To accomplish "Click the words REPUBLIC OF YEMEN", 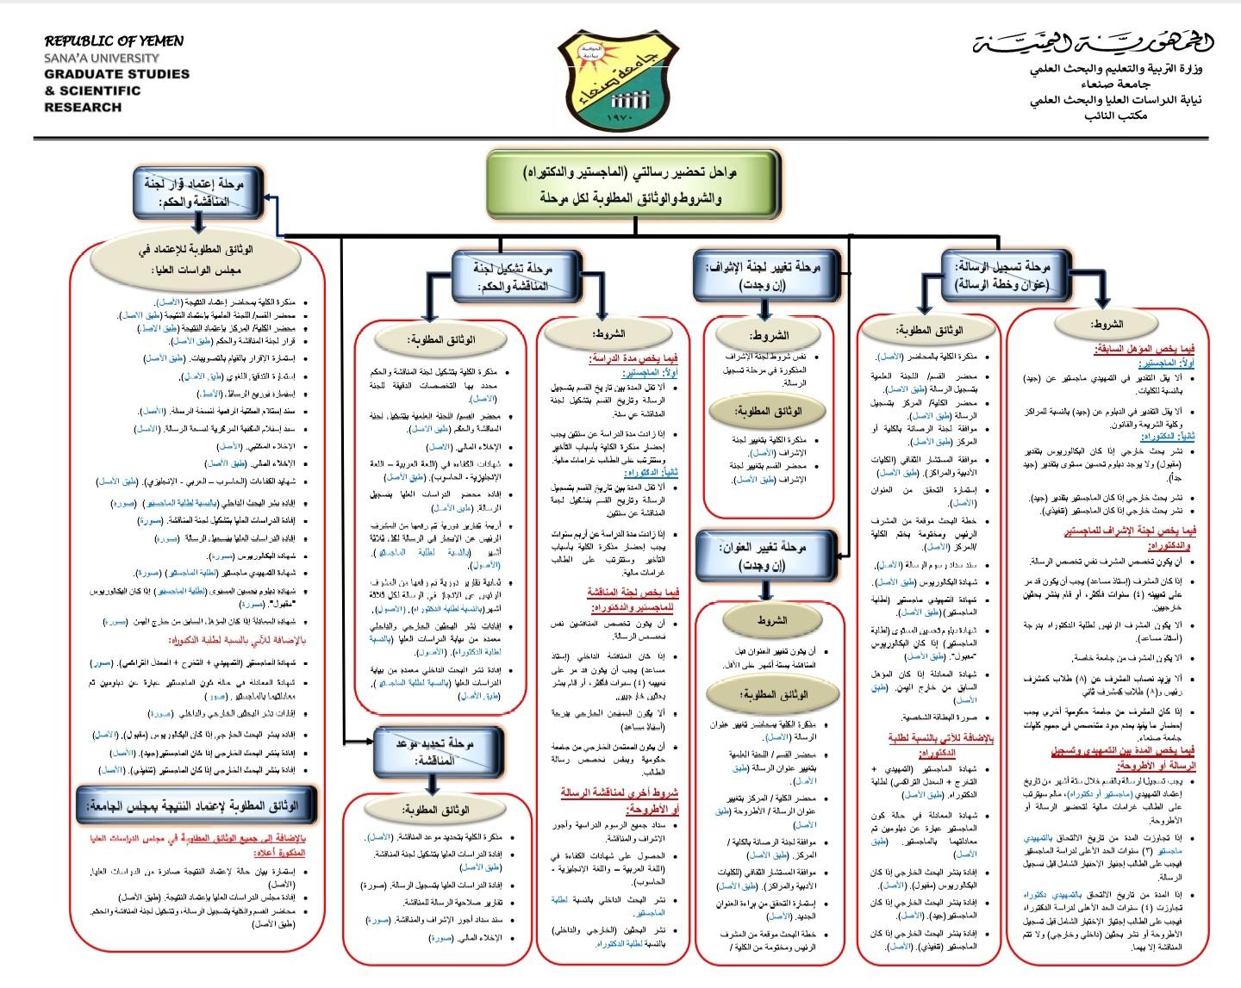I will [114, 40].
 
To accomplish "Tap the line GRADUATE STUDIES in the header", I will [117, 74].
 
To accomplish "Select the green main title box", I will [634, 184].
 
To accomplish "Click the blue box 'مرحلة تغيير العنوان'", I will [766, 556].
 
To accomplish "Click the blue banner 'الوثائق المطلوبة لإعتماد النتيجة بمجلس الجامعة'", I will [198, 805].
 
